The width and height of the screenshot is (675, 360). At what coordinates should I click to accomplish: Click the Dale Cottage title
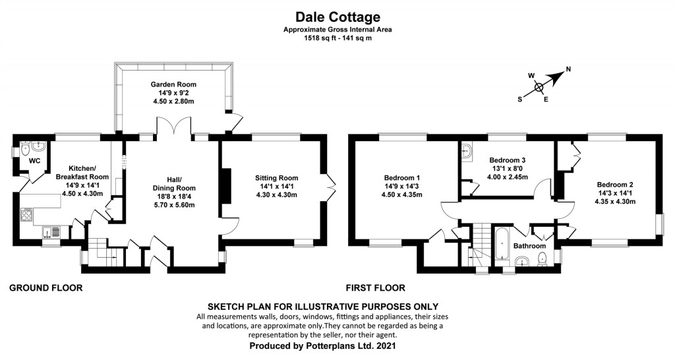337,16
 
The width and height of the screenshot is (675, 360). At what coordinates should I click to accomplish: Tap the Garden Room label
173,84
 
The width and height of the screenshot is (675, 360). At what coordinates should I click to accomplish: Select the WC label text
34,161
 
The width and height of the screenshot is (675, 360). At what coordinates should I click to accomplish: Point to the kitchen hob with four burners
26,214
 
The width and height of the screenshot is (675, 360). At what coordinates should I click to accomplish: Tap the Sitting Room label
276,178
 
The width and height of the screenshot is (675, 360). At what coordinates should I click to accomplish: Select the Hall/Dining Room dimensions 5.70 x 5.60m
174,205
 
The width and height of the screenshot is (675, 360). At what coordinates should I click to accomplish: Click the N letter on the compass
568,69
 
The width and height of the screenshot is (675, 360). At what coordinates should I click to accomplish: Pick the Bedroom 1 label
401,178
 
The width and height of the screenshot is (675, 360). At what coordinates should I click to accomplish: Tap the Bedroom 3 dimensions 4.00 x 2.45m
508,177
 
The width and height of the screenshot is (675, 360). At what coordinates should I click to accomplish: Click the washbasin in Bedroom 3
467,150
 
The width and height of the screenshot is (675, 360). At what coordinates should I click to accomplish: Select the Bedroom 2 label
615,185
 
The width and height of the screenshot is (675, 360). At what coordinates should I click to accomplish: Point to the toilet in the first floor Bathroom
543,260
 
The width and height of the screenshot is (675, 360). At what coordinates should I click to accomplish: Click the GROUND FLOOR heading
45,287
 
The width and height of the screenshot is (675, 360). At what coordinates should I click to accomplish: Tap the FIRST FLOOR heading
375,287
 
